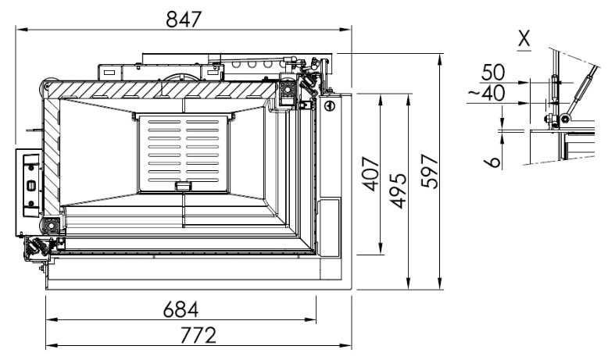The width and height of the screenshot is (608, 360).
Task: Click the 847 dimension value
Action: (184, 20)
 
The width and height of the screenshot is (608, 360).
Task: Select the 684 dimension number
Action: (181, 309)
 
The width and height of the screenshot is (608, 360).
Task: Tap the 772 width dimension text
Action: (198, 335)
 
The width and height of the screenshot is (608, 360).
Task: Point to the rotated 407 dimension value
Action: (370, 174)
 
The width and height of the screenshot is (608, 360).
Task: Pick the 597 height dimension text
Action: (430, 171)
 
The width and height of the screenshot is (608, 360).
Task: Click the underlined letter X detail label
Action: (524, 39)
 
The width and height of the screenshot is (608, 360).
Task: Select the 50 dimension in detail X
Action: (493, 72)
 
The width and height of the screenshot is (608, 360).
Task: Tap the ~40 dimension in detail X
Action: (487, 93)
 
